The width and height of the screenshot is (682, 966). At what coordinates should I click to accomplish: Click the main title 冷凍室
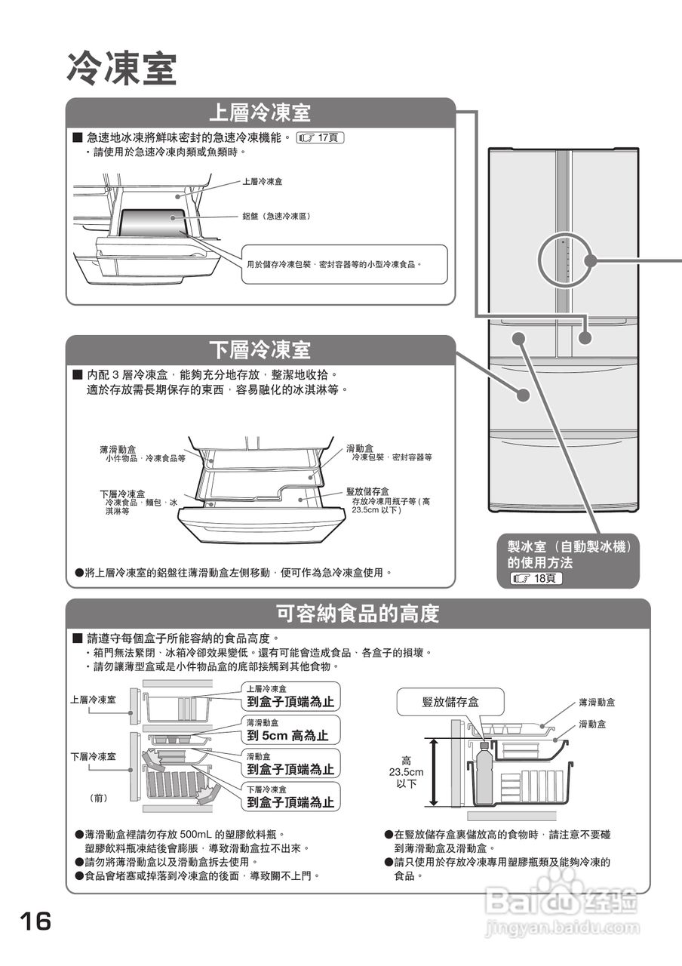click(x=121, y=69)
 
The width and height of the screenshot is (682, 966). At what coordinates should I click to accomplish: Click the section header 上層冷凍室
click(x=260, y=113)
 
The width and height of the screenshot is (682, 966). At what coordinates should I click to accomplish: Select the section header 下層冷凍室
click(x=260, y=350)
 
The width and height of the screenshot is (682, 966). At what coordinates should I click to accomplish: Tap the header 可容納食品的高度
click(x=358, y=614)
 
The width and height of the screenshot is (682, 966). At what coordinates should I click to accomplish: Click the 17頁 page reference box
click(x=322, y=138)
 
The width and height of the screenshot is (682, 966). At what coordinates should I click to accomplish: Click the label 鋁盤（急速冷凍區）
click(x=276, y=217)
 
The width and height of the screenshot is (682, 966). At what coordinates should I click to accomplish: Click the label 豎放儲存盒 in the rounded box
click(x=450, y=703)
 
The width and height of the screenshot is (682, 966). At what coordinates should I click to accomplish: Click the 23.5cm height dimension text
click(x=407, y=773)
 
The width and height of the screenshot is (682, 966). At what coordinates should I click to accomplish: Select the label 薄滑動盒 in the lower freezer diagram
click(x=118, y=449)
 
